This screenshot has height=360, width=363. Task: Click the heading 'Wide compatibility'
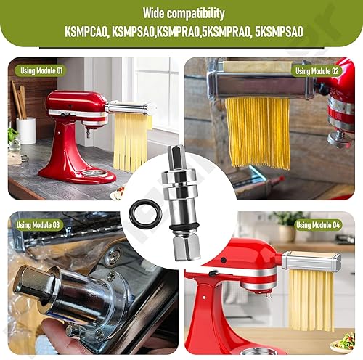pyautogui.click(x=181, y=14)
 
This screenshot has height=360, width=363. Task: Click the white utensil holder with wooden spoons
pyautogui.click(x=26, y=129)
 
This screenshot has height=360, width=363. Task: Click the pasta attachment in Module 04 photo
pyautogui.click(x=311, y=261)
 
